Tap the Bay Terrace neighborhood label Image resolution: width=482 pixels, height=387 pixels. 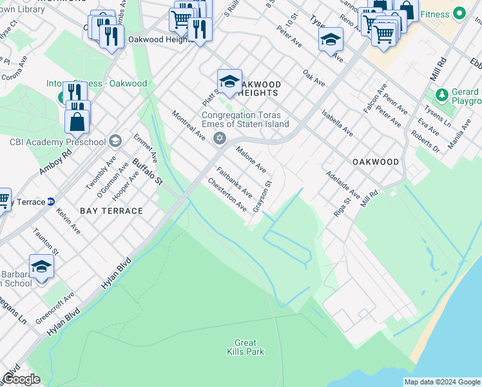[111, 211]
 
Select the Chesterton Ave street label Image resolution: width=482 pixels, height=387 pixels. [227, 195]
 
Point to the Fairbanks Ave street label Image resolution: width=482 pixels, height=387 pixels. [235, 183]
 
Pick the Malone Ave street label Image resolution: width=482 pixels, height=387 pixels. [251, 159]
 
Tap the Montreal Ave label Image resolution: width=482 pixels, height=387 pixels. [188, 126]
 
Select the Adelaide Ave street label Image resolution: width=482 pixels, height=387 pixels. [343, 184]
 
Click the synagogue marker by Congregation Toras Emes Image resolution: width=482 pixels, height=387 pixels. [219, 137]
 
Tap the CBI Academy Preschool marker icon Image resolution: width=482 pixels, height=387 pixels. [115, 141]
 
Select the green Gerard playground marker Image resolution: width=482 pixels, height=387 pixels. [441, 95]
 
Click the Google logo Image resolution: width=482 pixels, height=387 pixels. [21, 379]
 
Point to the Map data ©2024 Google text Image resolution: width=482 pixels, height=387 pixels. [441, 382]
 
